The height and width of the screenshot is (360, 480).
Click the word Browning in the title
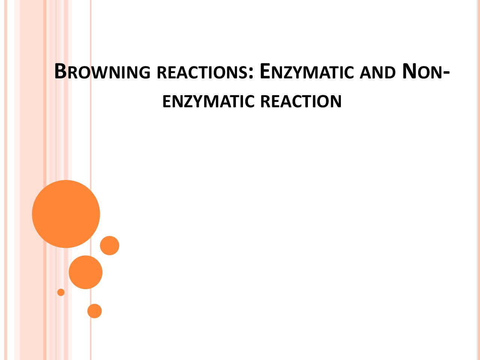[x=102, y=71]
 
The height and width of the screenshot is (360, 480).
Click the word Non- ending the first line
[x=426, y=71]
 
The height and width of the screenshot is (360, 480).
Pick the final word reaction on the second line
[x=301, y=101]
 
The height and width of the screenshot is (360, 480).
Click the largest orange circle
[x=66, y=214]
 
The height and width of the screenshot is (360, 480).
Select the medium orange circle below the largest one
[x=85, y=272]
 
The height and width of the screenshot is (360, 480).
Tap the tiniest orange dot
[x=61, y=292]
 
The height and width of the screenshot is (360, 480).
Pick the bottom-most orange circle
[x=94, y=311]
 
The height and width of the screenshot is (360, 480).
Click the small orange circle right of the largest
[x=109, y=246]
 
